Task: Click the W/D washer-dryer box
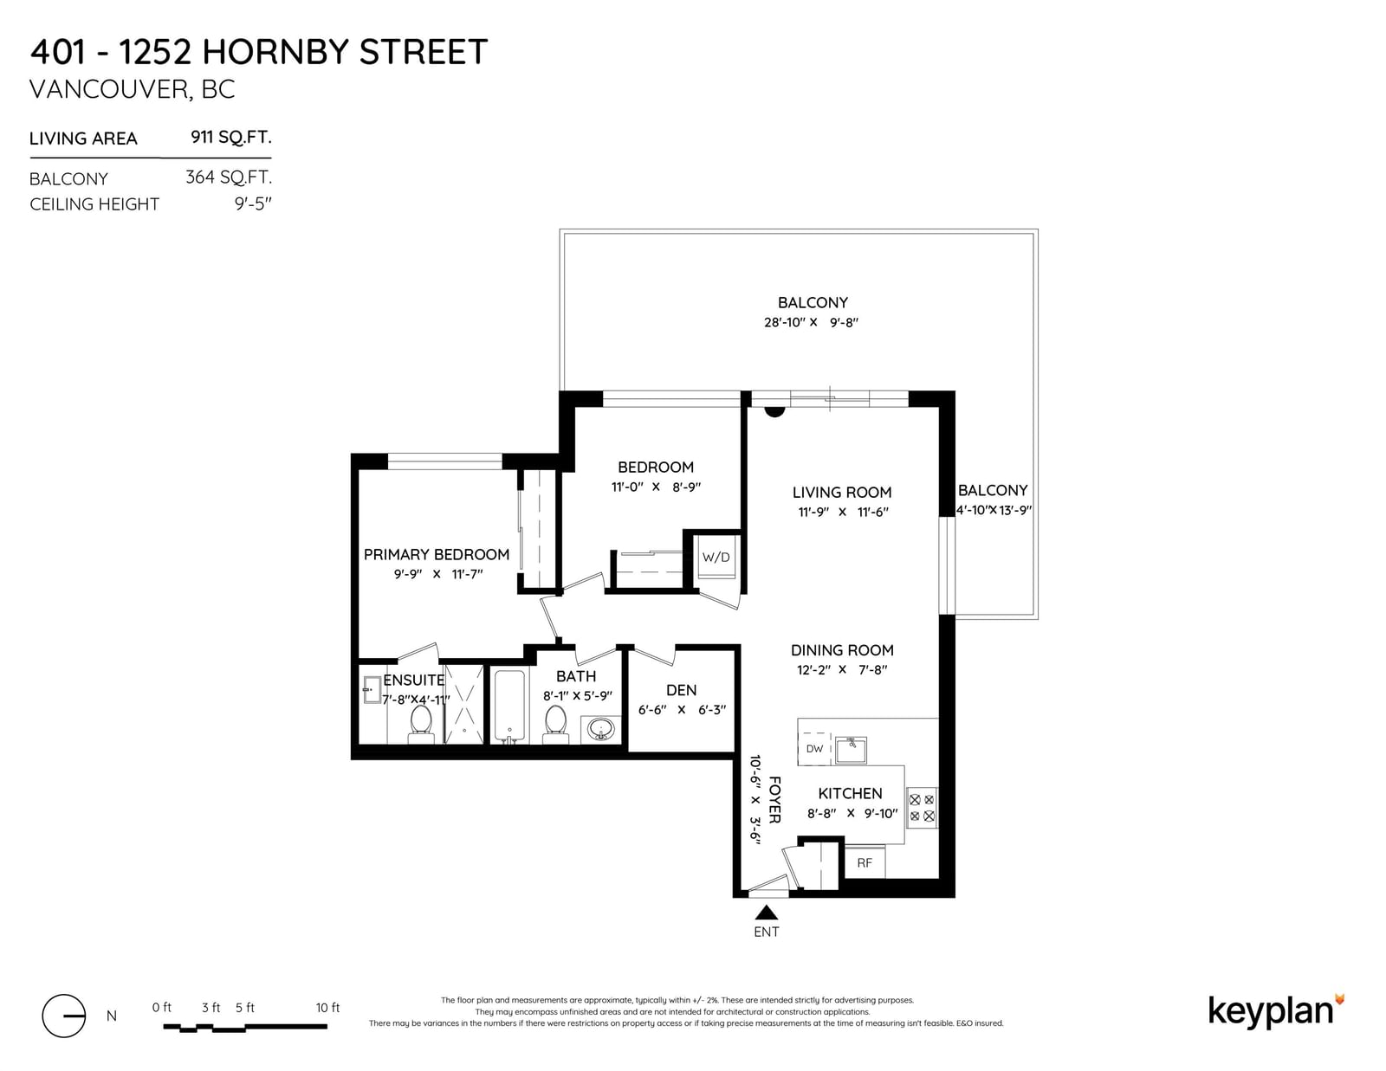coord(716,557)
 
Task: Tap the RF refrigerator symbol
coord(865,861)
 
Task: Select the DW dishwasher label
coord(814,748)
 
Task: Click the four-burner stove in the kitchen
coord(922,807)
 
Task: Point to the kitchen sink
coord(851,750)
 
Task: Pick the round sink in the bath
coord(601,729)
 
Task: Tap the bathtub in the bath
coord(509,706)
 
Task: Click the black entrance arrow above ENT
coord(766,912)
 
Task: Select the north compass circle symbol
coord(64,1016)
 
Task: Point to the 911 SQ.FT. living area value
coord(231,137)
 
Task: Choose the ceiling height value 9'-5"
coord(253,203)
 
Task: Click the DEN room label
coord(681,690)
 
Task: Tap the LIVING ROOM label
coord(842,492)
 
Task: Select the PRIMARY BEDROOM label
coord(437,554)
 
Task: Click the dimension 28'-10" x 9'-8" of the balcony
coord(812,322)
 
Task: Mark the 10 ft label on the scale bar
coord(327,1007)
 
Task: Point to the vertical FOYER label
coord(774,799)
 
